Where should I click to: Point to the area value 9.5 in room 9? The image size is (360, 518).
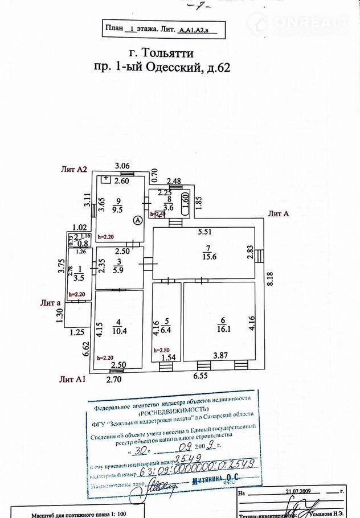(x=120, y=208)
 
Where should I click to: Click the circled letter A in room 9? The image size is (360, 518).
(x=137, y=220)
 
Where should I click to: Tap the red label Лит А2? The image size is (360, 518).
(x=74, y=169)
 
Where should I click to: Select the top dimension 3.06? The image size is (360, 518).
(x=122, y=166)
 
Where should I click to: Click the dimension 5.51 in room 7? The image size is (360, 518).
(x=206, y=232)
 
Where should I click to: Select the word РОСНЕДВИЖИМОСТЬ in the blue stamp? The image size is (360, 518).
(x=171, y=416)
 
